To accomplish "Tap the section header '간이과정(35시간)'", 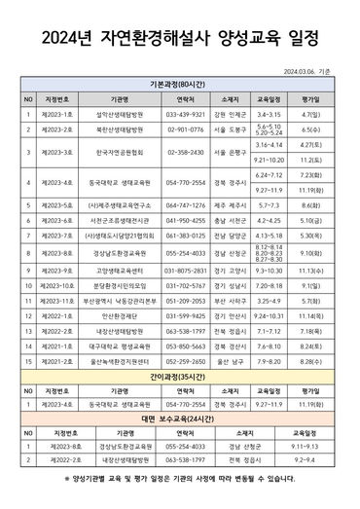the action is click(180, 375).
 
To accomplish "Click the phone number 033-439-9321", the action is click(185, 113).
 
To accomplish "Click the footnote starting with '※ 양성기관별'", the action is click(180, 479).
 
